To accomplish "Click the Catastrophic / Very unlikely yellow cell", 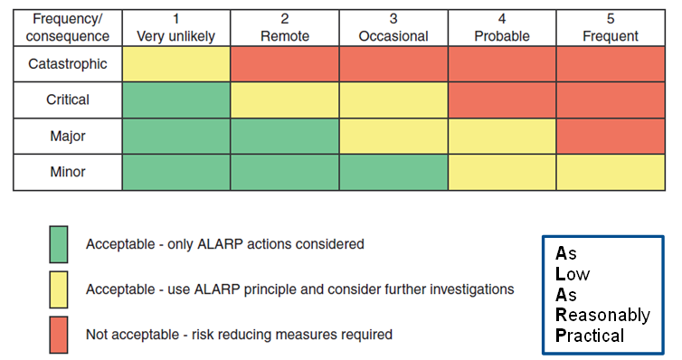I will tap(176, 64).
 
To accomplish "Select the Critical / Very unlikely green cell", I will tap(176, 100).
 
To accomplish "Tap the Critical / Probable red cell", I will tap(502, 100).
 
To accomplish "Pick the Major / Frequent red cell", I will tap(611, 137).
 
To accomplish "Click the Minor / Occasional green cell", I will tap(393, 173).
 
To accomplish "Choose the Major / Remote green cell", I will tap(285, 137).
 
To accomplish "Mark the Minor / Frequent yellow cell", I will tap(611, 173).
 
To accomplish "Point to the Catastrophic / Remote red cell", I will tap(285, 64).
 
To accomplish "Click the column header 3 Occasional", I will tap(393, 28).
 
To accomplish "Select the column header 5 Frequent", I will tap(611, 28).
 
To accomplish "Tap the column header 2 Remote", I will tap(285, 28).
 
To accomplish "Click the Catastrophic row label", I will tap(68, 64).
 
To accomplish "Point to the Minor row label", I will tap(68, 173).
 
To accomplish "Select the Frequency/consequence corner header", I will tap(68, 28).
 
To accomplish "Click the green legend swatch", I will tap(59, 244).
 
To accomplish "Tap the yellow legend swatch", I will tap(59, 289).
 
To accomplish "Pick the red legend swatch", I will tap(59, 335).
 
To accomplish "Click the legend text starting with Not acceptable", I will tap(239, 335).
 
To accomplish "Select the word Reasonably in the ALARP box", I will tap(602, 316).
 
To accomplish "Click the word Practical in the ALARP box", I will tap(590, 336).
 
